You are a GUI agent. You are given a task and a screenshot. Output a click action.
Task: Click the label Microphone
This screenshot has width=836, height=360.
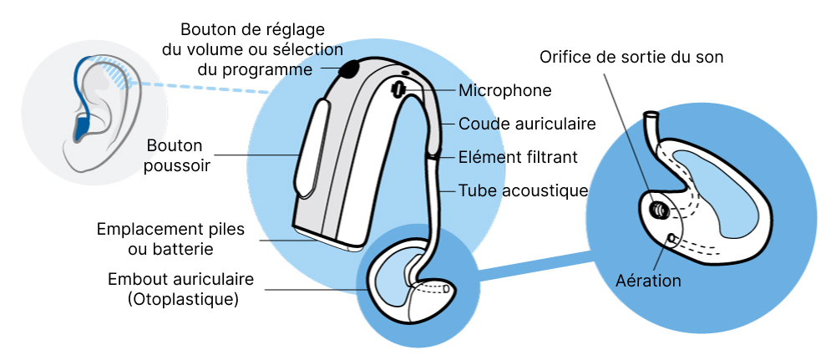tap(505, 90)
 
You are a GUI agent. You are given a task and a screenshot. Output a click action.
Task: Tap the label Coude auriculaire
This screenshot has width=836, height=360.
tap(527, 124)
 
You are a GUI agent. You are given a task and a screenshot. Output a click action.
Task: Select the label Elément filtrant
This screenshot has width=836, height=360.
tap(518, 157)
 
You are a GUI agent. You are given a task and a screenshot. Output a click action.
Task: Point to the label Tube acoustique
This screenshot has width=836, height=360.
tap(524, 190)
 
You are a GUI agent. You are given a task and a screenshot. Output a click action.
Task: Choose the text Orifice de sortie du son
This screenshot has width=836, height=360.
tap(631, 57)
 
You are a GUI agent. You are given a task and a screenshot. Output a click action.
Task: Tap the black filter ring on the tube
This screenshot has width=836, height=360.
tap(433, 155)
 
